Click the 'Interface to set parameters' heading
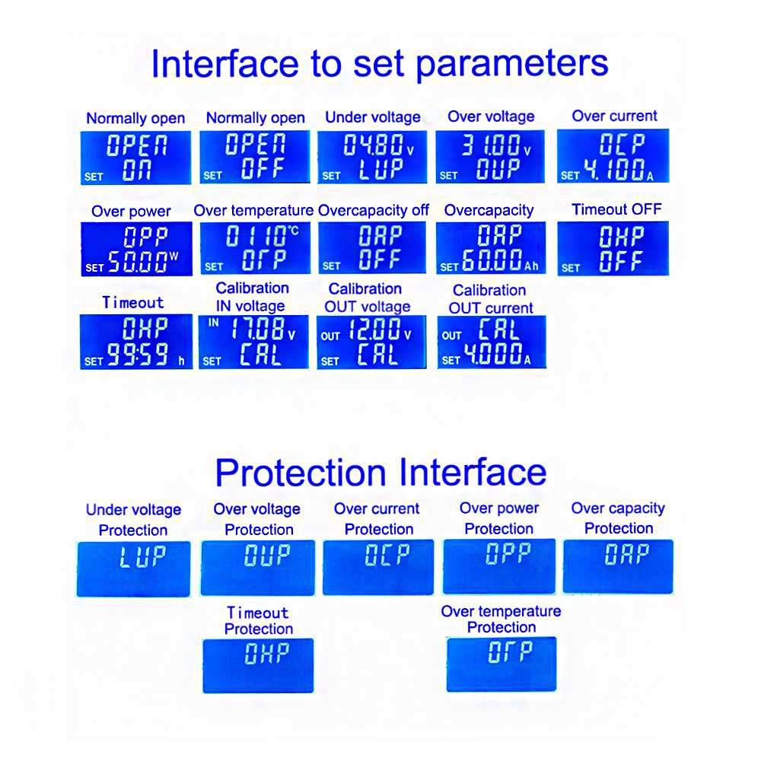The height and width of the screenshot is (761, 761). coord(380,64)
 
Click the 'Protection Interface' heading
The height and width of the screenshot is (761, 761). coord(381,473)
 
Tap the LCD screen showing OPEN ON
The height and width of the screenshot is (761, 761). coord(136,158)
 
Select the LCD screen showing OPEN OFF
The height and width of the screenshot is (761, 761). coord(255,157)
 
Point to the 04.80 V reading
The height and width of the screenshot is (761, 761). coord(378,145)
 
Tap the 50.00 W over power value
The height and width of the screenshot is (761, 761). coord(143,262)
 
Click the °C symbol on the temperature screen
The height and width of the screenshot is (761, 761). coord(294,230)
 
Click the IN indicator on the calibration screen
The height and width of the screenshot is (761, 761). coord(214,322)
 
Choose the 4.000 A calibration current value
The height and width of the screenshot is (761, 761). coord(498,355)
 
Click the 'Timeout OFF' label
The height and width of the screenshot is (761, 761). coord(616,209)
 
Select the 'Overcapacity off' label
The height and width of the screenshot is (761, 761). coord(373,210)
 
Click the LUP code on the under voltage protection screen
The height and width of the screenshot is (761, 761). coord(143,557)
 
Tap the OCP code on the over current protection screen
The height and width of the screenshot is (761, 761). coord(387,555)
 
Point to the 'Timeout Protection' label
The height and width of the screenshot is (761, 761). coord(258,621)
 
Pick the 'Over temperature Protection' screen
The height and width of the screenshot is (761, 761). coord(501,664)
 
